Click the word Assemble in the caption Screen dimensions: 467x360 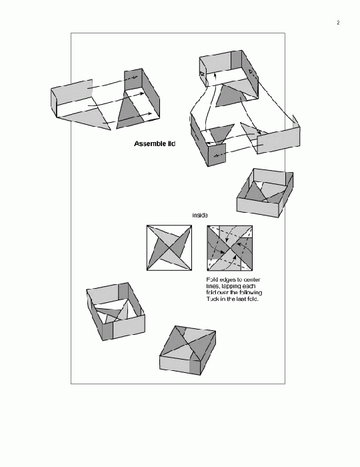click(x=150, y=145)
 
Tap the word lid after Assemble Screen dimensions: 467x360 click(x=171, y=145)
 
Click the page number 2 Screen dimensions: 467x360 click(x=338, y=23)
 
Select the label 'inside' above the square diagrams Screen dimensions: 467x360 click(x=200, y=215)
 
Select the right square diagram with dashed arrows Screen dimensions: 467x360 click(x=229, y=248)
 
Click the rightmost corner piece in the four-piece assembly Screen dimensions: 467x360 click(x=277, y=139)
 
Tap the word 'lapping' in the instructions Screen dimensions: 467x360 click(x=229, y=286)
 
